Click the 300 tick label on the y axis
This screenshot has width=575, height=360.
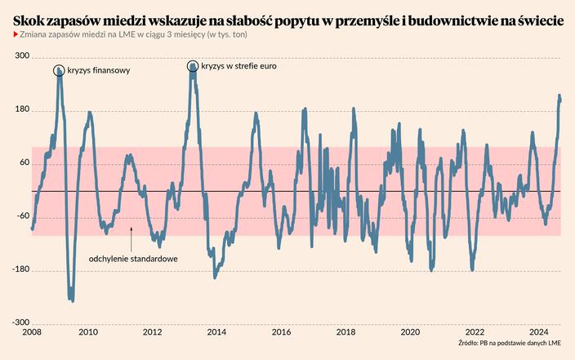(22, 56)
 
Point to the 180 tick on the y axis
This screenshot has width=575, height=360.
(22, 109)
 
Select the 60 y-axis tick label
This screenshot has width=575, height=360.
(24, 162)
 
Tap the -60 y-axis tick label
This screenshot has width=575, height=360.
(22, 216)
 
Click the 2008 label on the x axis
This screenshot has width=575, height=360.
(32, 333)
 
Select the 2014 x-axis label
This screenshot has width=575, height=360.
(216, 333)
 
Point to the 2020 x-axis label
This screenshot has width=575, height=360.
(410, 333)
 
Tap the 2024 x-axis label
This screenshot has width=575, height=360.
(539, 333)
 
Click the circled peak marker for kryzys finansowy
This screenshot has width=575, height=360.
(60, 71)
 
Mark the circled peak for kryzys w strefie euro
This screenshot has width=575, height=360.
(193, 66)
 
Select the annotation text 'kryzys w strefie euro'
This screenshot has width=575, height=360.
(238, 66)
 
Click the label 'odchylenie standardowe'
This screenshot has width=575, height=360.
(134, 259)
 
